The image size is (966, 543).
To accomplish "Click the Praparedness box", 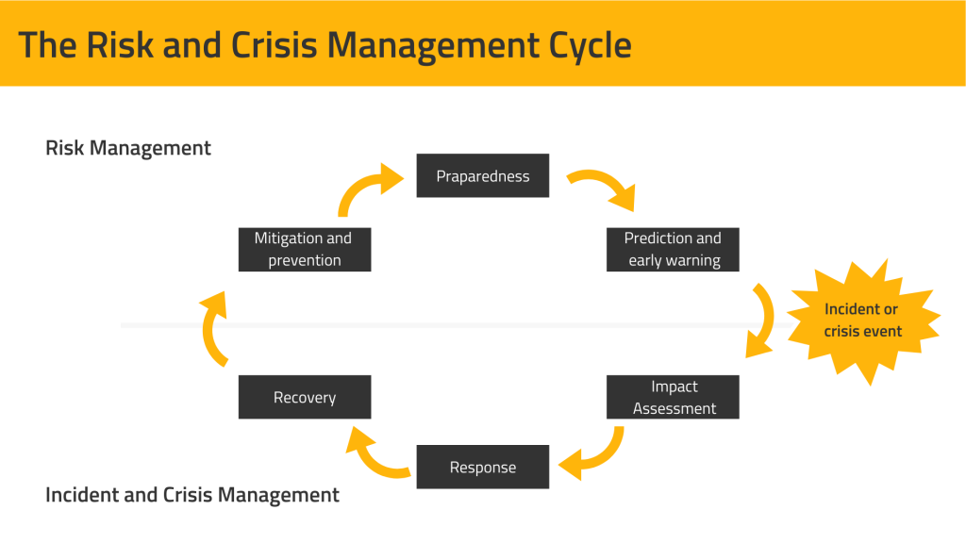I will coord(482,176).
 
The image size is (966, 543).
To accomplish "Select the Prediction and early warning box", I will coord(673,249).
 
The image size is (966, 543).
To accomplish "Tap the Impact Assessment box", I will coord(673,397).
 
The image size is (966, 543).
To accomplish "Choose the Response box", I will coord(482,467).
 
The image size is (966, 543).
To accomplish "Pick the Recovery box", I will coord(304,397).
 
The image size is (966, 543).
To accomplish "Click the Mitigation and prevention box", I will coord(304,249).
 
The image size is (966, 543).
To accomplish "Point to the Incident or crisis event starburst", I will coord(862,320).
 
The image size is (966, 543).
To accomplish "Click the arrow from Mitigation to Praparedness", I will coord(365,187).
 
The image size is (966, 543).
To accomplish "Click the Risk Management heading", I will coord(128,148).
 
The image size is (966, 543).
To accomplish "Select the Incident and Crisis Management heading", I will coord(192,494).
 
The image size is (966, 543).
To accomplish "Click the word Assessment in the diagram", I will coord(674,408).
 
